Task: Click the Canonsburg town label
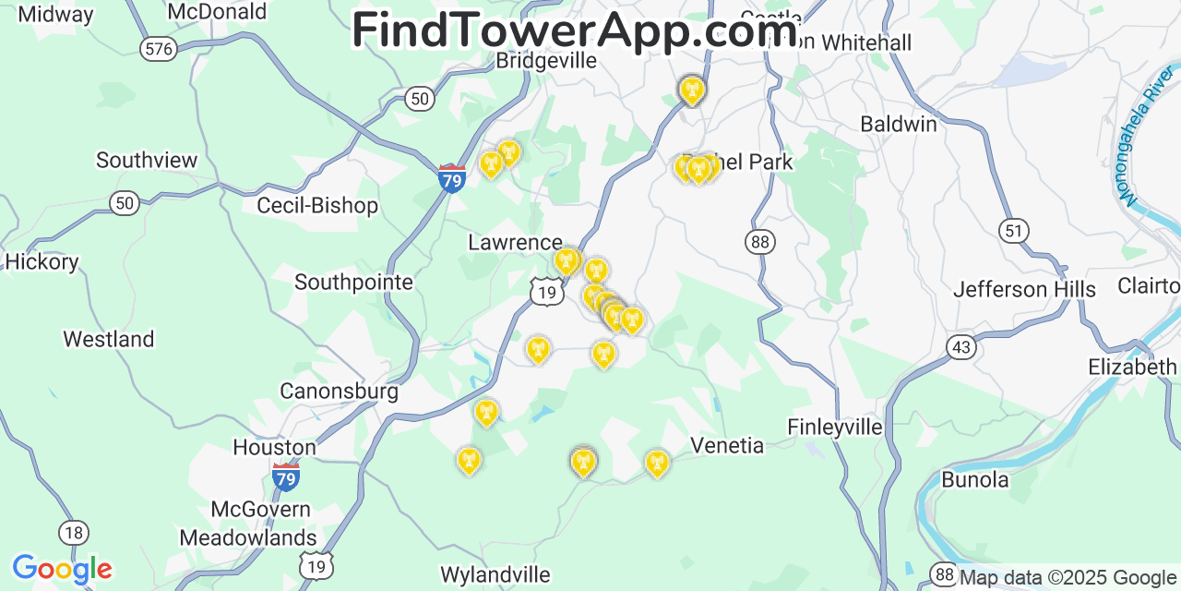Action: [x=339, y=392]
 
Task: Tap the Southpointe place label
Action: [x=353, y=283]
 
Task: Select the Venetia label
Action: [x=728, y=446]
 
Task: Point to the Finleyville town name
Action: [x=834, y=427]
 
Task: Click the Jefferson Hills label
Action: [x=1024, y=290]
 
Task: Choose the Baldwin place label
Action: [x=898, y=124]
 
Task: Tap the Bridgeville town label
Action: [x=546, y=61]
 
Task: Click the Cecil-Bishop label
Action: [x=317, y=205]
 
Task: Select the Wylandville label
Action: [x=495, y=574]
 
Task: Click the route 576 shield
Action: [x=159, y=49]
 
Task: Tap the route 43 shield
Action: [x=961, y=347]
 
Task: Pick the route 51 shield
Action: [x=1014, y=231]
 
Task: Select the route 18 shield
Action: [x=74, y=532]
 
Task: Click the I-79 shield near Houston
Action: [x=286, y=476]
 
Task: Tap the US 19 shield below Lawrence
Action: [x=547, y=293]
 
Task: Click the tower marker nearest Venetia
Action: [x=657, y=462]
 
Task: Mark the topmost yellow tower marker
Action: [x=691, y=90]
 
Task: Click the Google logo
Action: [x=62, y=569]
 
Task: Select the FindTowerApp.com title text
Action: [x=574, y=30]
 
